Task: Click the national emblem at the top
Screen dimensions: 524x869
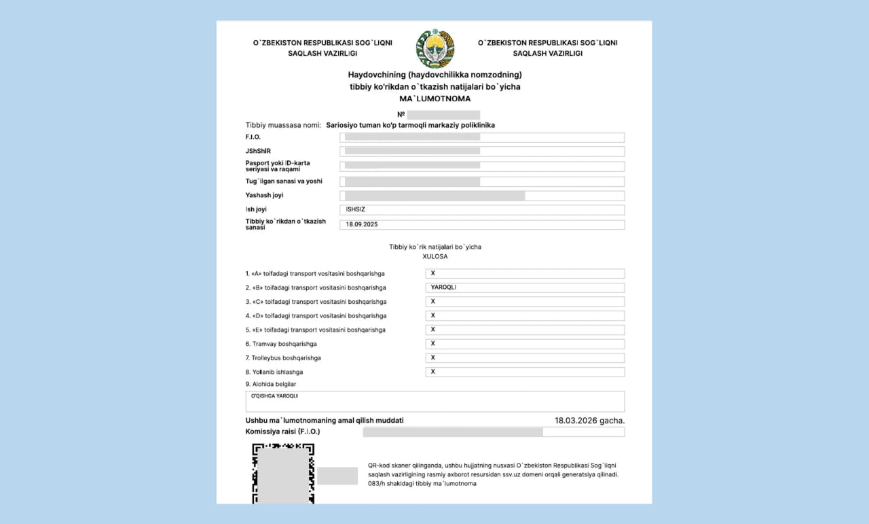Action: [x=435, y=48]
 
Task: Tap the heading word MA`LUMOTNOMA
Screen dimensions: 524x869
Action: [x=434, y=99]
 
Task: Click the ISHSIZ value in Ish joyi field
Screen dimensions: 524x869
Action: [x=356, y=209]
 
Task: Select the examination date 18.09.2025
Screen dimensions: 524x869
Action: [x=362, y=224]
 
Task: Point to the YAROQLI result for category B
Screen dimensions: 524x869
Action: [x=443, y=287]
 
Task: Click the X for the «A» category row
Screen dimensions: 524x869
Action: [x=433, y=273]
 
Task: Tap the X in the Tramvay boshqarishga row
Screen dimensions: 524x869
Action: [x=433, y=344]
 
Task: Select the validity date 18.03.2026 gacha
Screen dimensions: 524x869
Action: [x=589, y=421]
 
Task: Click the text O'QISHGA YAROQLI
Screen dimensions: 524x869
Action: [x=275, y=396]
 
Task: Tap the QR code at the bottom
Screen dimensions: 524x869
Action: [x=283, y=473]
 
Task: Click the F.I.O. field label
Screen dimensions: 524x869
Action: [x=253, y=137]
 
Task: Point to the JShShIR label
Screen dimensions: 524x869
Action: [x=259, y=151]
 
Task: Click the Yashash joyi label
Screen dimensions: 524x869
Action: [x=264, y=196]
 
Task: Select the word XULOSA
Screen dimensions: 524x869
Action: [x=434, y=256]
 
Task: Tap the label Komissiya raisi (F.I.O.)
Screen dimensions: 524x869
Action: [x=282, y=432]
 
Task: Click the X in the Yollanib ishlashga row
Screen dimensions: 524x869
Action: [x=433, y=372]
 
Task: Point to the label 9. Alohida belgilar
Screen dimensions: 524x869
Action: [x=271, y=384]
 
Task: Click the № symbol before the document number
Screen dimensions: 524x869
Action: [x=401, y=114]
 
